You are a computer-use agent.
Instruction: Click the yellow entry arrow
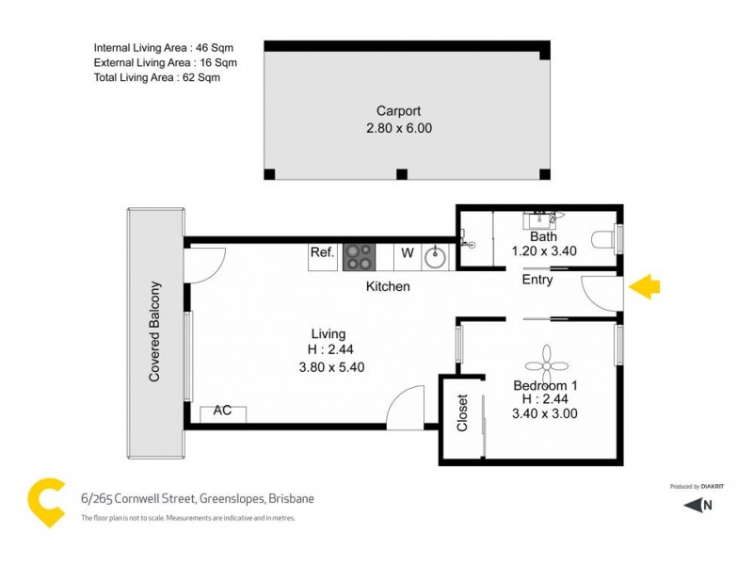[643, 287]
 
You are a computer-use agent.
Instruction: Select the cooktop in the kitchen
[359, 252]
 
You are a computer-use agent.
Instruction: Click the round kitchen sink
[436, 254]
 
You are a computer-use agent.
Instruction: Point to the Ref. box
[323, 252]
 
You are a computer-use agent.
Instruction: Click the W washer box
[408, 252]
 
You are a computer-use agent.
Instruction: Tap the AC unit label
[223, 412]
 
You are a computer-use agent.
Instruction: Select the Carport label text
[398, 111]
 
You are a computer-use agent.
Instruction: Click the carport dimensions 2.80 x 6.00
[398, 128]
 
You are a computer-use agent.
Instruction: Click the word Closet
[462, 412]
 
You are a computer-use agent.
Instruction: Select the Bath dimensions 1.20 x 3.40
[543, 251]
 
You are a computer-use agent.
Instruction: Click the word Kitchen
[388, 286]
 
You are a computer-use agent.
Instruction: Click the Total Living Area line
[157, 78]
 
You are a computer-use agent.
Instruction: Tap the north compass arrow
[696, 505]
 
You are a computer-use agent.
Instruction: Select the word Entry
[537, 281]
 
